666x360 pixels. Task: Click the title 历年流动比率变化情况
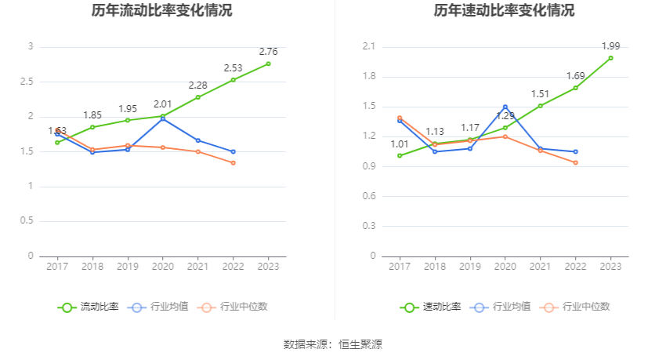coord(161,11)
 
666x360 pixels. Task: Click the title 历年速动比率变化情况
coord(504,11)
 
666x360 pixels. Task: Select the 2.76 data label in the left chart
coord(268,52)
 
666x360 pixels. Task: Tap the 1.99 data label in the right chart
coord(610,46)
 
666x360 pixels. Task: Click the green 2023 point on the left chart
coord(268,64)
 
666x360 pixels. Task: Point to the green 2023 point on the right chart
coord(610,58)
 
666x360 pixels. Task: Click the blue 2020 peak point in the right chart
coord(505,107)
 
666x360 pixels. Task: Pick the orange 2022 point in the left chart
coord(233,162)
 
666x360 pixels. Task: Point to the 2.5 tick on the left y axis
coord(29,82)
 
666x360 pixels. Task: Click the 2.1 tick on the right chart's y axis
coord(370,47)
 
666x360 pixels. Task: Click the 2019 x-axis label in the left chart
coord(128,267)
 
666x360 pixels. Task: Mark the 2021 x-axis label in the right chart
coord(540,267)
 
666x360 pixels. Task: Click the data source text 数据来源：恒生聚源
coord(333,344)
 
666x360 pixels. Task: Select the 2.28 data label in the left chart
coord(197,85)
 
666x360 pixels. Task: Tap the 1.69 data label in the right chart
coord(575,76)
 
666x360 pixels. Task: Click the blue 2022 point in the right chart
coord(575,151)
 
